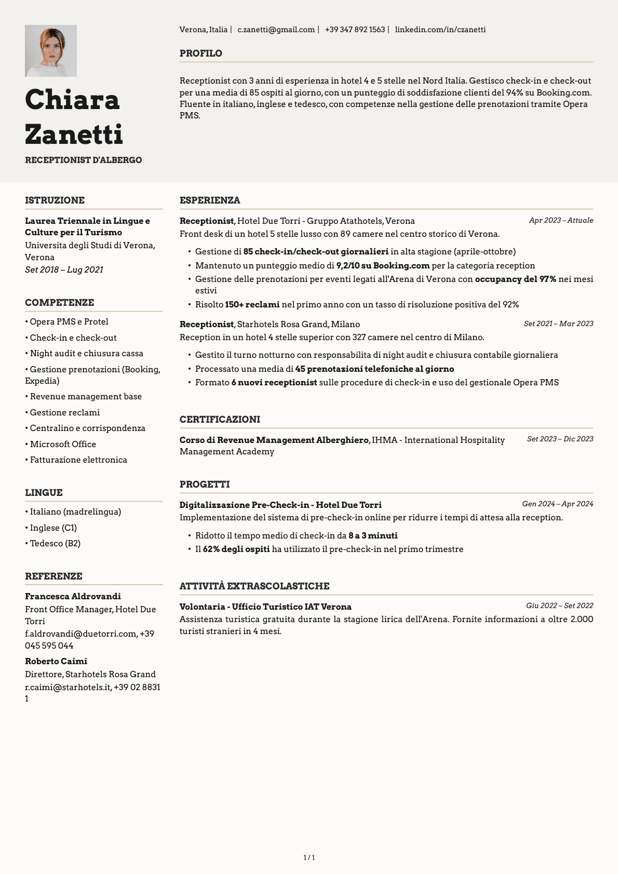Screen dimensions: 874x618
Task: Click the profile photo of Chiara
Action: coord(51,51)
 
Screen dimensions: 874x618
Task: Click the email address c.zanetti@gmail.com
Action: coord(276,30)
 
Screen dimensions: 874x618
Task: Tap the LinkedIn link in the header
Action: coord(440,30)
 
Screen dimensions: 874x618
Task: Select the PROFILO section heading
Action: coord(200,53)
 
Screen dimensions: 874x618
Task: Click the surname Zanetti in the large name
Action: coord(74,135)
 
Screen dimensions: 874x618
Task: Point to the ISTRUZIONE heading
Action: coord(55,200)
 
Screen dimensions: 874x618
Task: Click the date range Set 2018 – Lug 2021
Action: coord(64,270)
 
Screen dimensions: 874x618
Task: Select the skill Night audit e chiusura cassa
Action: coord(86,353)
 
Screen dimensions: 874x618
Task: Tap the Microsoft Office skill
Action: coord(63,444)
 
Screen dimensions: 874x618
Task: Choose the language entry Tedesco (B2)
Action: coord(55,543)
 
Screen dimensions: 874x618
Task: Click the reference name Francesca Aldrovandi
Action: coord(73,596)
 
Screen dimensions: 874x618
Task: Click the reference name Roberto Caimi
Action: coord(56,661)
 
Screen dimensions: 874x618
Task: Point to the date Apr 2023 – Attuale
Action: coord(561,220)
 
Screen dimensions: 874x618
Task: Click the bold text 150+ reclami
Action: coord(252,304)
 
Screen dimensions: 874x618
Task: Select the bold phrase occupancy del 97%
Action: coord(515,279)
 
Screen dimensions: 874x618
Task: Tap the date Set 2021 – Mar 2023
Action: coord(558,324)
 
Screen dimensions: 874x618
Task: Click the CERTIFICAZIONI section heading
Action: coord(220,420)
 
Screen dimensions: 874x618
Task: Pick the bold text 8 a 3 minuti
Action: coord(373,535)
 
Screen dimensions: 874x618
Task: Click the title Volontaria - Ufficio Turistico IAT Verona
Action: coord(265,607)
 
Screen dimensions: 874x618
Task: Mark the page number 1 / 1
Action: coord(309,857)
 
